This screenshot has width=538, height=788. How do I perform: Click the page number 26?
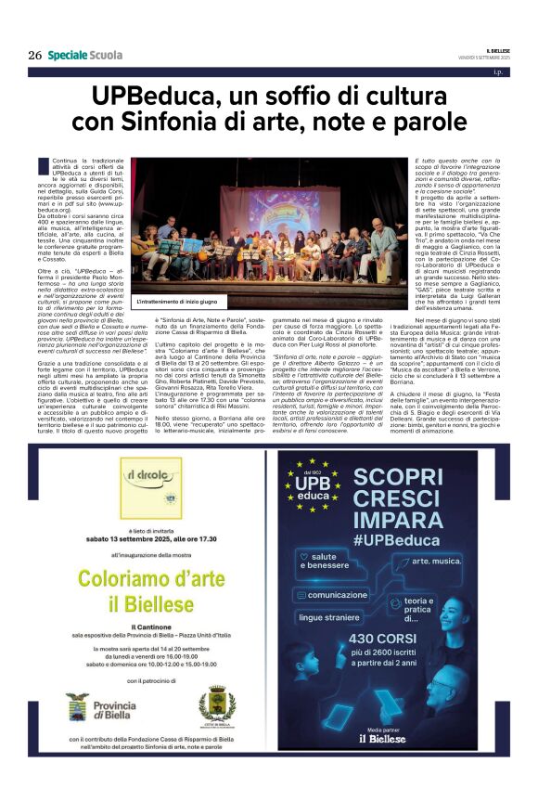pyautogui.click(x=34, y=55)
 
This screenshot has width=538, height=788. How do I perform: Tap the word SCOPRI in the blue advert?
pyautogui.click(x=413, y=471)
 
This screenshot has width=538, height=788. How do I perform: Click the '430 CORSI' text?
pyautogui.click(x=415, y=639)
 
